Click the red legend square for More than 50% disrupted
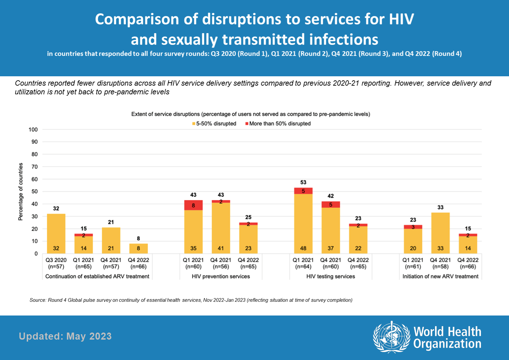(x=247, y=124)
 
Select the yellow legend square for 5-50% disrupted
(x=194, y=124)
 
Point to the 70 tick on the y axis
(x=34, y=167)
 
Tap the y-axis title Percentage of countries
(x=21, y=191)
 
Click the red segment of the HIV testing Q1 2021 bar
(x=303, y=191)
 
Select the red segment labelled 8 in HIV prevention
(x=193, y=205)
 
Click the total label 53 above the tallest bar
(x=303, y=182)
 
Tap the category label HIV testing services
(x=331, y=276)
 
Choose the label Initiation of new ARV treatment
(x=440, y=276)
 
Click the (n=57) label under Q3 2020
(x=56, y=267)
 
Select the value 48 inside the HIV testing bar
(x=303, y=248)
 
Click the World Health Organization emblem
(x=392, y=337)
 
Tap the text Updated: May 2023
(x=65, y=336)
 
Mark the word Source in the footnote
(x=37, y=300)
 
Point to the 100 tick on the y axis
(x=33, y=129)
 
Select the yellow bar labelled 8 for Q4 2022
(x=139, y=248)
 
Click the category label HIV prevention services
(x=221, y=276)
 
